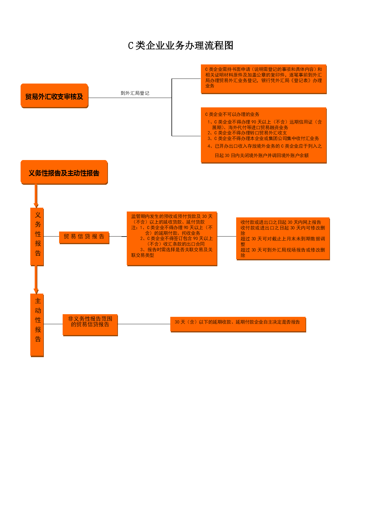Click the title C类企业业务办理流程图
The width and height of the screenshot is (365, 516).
(x=181, y=46)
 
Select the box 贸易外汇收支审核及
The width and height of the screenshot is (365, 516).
(x=54, y=96)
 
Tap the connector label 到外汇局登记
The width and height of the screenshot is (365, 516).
(x=135, y=93)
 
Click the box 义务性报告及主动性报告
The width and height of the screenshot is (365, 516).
(x=64, y=172)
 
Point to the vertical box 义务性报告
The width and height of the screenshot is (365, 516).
(x=37, y=237)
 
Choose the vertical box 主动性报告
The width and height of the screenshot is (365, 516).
(x=37, y=325)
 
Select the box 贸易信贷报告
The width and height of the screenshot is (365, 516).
(x=84, y=237)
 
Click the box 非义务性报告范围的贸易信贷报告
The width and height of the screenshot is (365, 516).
(x=90, y=325)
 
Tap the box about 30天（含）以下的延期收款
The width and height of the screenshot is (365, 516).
(x=238, y=324)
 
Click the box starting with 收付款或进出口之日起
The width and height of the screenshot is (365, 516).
(x=283, y=239)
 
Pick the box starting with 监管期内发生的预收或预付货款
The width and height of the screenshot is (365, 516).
(x=172, y=239)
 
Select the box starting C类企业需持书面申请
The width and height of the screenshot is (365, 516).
(x=264, y=79)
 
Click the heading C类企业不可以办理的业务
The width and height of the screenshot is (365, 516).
(x=232, y=114)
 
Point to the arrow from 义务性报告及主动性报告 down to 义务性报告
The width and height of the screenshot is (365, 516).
(x=36, y=196)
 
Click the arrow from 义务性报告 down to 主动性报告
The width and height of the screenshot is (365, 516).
(x=36, y=280)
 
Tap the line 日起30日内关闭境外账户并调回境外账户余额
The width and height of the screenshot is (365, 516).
(x=262, y=156)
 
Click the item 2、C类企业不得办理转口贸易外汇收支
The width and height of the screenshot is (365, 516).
(x=247, y=133)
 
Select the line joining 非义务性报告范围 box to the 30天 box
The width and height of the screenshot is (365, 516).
(x=144, y=324)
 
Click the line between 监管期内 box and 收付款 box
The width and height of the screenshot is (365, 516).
(x=227, y=236)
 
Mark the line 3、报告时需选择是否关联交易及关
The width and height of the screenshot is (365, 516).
(x=176, y=250)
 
